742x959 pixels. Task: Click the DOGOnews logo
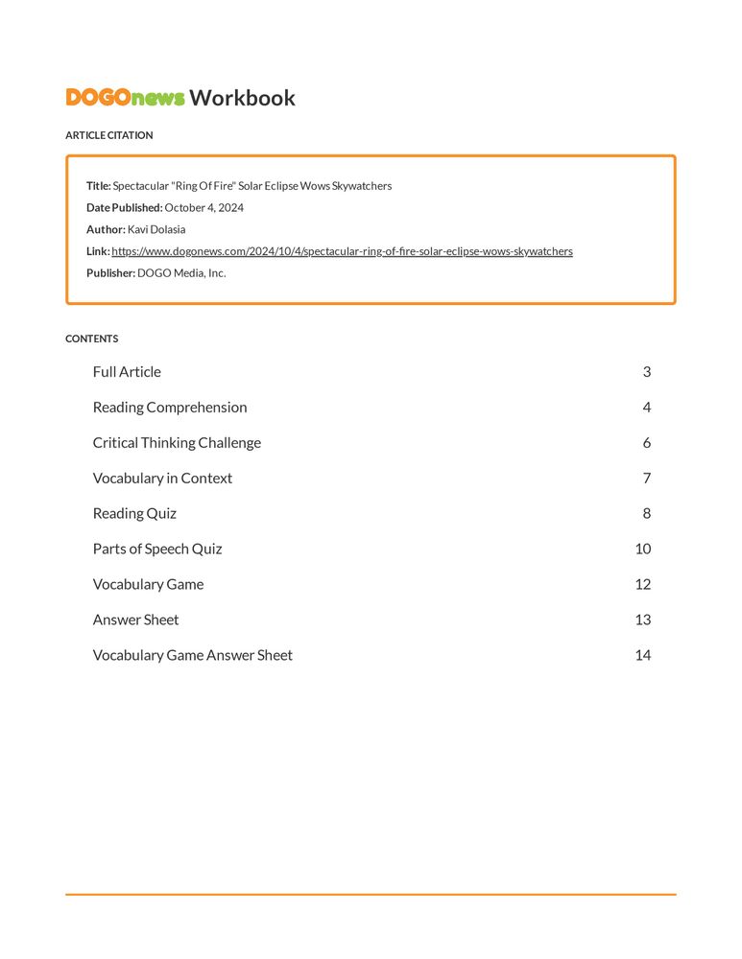[x=125, y=98]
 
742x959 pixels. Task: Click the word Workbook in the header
[x=242, y=98]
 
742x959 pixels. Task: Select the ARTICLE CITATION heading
[x=108, y=135]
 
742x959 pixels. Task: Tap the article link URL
[x=342, y=251]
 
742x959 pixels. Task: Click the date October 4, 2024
[x=203, y=207]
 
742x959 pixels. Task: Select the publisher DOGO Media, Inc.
[x=181, y=272]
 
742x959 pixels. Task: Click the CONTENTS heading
[x=92, y=339]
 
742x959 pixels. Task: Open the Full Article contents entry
[x=127, y=372]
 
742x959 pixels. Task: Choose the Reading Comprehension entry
[x=170, y=408]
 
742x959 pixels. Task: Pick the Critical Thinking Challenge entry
[x=177, y=443]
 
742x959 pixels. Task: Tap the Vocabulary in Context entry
[x=162, y=479]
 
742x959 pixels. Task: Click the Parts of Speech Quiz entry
[x=157, y=550]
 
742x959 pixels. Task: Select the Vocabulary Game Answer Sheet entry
[x=192, y=656]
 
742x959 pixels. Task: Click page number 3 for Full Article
[x=647, y=372]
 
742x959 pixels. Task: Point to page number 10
[x=642, y=550]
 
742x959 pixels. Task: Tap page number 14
[x=642, y=656]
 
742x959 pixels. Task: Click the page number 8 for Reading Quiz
[x=647, y=514]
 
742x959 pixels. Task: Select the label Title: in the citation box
[x=99, y=186]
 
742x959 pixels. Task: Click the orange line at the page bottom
[x=371, y=895]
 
